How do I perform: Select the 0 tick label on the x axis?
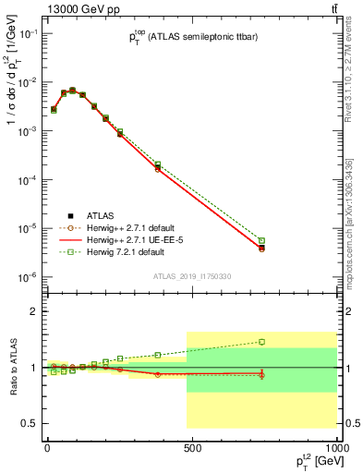point(46,451)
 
